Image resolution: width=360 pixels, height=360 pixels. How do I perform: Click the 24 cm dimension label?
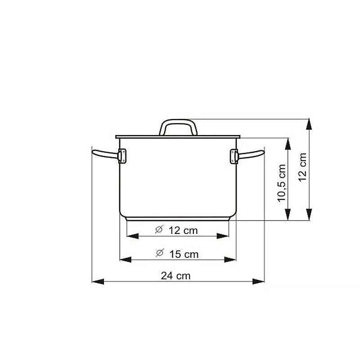point(175,276)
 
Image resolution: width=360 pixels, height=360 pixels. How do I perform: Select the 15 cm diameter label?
point(184,254)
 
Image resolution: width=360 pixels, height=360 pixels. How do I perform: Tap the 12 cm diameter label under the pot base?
point(183,230)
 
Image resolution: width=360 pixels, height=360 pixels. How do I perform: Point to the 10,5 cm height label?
point(282,183)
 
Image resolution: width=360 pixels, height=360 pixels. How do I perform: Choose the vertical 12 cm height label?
point(302,167)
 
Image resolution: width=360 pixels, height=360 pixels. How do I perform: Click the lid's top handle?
point(178,127)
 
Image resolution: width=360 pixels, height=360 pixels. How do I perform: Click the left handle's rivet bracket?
point(122,156)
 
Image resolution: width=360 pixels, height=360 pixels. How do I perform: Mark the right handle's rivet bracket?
point(234,157)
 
